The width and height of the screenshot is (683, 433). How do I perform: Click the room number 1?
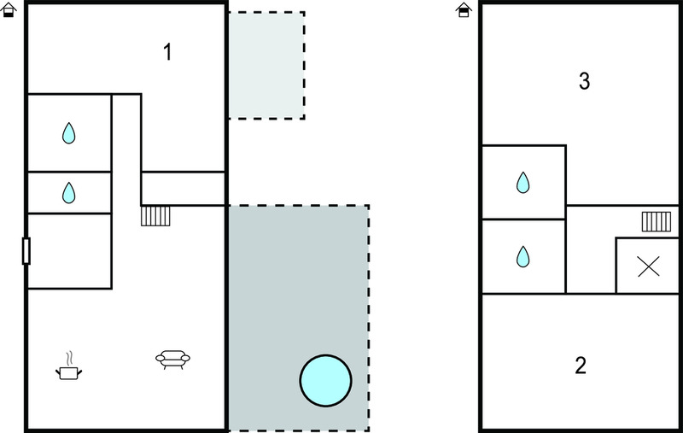pos(167,52)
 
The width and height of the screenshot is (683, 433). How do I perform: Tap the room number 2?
pos(581,365)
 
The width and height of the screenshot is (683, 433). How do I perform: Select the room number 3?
pos(584,81)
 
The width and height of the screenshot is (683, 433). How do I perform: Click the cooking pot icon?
pos(69,372)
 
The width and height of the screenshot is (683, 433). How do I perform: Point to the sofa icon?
pos(173,360)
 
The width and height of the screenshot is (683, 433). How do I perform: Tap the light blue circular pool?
pos(326,380)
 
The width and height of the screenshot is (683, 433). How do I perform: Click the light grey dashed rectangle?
pos(266,65)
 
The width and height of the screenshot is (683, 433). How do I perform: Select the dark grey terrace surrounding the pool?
pos(299,318)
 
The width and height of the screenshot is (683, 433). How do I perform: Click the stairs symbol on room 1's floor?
pos(155,216)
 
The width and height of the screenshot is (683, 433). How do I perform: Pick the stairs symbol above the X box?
pos(657,221)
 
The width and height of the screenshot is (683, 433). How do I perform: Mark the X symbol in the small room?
pos(648,266)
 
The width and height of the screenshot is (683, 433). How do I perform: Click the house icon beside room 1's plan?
pos(9,10)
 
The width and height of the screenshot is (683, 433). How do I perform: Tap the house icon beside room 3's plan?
pos(464,10)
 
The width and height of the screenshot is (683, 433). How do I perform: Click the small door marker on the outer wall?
pos(26,251)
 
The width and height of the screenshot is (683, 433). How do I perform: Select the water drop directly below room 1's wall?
pos(69,133)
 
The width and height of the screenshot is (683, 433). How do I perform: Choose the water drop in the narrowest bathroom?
pos(69,193)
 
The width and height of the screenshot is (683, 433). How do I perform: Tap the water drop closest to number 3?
pos(523,183)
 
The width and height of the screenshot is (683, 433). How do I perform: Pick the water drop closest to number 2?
pos(523,256)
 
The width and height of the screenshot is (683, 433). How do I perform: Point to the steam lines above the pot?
pos(69,359)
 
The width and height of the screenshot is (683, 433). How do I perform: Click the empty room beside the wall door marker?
pos(70,251)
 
